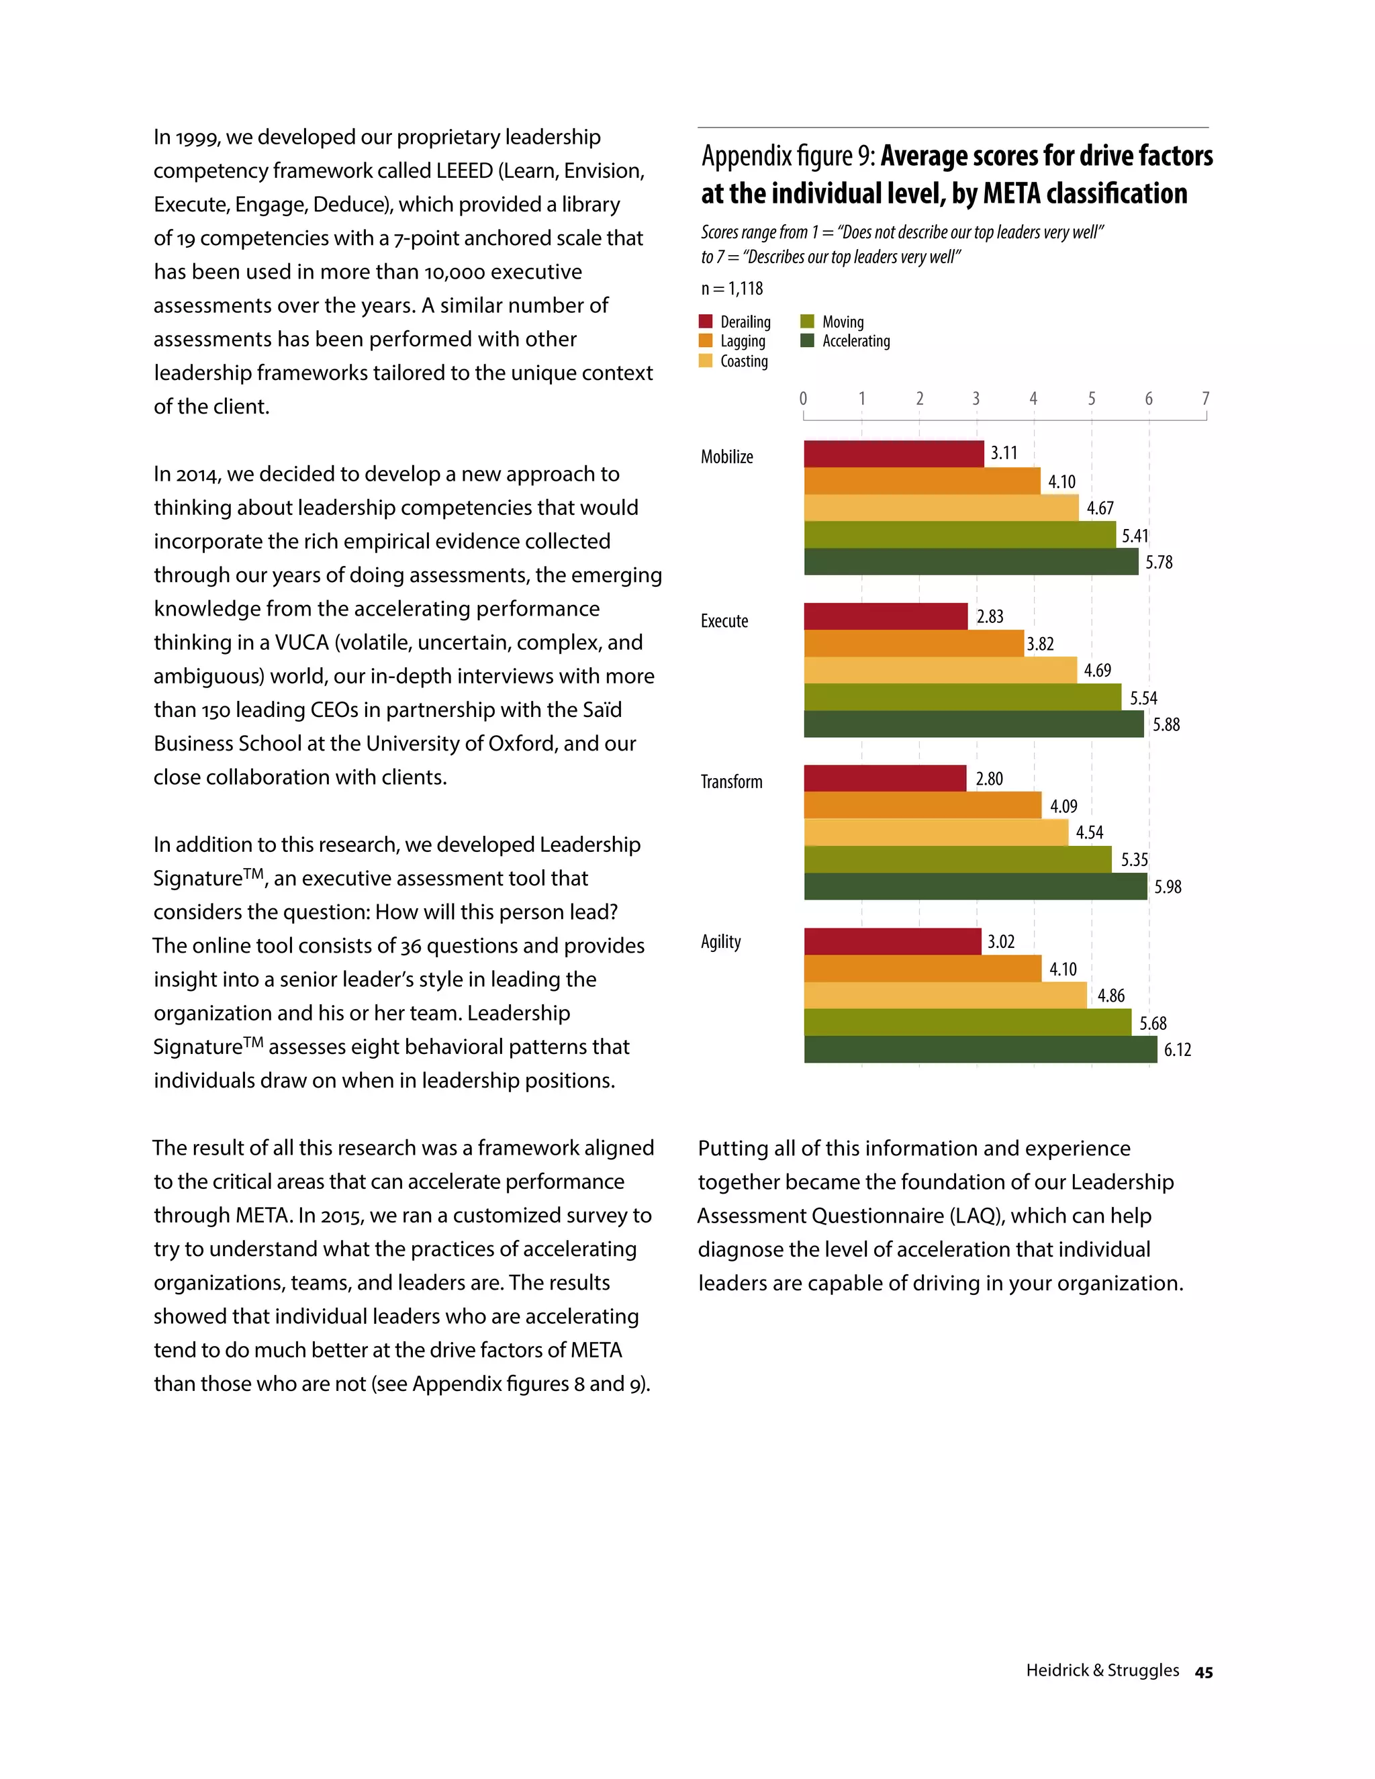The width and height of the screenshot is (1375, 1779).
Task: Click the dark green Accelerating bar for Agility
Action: pyautogui.click(x=980, y=1049)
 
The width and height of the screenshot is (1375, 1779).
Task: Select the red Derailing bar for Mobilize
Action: pyautogui.click(x=894, y=454)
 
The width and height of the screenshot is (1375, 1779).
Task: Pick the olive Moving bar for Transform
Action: pyautogui.click(x=957, y=859)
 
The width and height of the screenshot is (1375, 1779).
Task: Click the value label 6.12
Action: pyautogui.click(x=1177, y=1050)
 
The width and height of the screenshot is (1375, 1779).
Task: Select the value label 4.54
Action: pyautogui.click(x=1089, y=832)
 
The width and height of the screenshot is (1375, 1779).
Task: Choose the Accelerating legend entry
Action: pyautogui.click(x=855, y=341)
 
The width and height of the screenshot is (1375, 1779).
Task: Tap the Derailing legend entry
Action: pyautogui.click(x=745, y=322)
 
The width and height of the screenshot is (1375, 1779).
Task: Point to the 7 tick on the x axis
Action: pyautogui.click(x=1206, y=398)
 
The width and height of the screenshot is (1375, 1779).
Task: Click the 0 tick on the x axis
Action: pyautogui.click(x=803, y=398)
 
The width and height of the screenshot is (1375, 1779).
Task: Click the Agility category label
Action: pyautogui.click(x=721, y=942)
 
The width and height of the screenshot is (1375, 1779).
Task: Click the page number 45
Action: pyautogui.click(x=1203, y=1672)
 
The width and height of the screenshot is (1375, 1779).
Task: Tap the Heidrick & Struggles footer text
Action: pyautogui.click(x=1102, y=1670)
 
